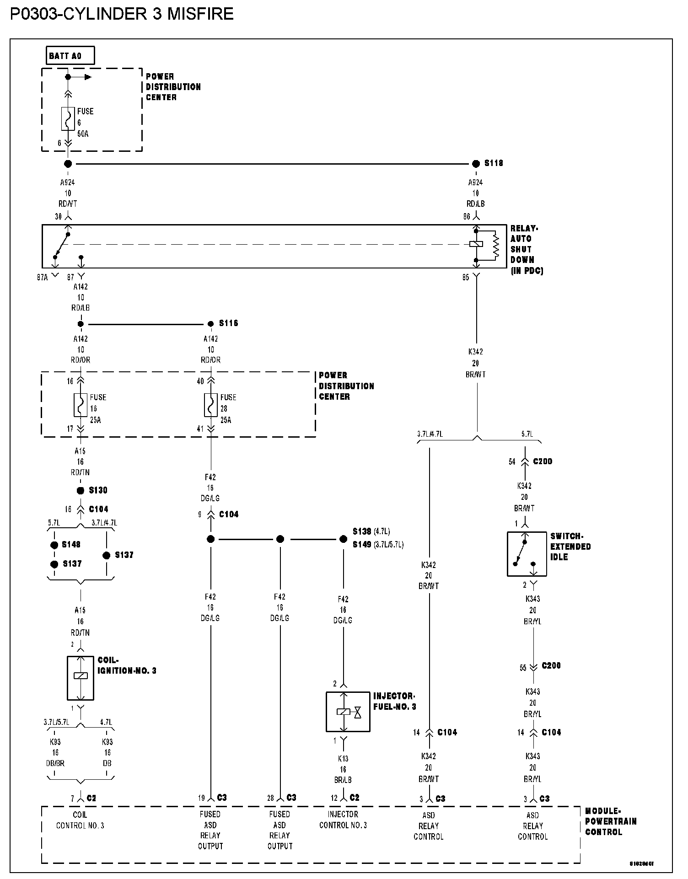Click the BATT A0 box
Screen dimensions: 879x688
(70, 56)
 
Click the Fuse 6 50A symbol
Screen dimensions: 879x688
(68, 119)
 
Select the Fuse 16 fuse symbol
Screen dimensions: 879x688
(81, 405)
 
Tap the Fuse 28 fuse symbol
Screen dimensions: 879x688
(211, 405)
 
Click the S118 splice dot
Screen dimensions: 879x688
(476, 163)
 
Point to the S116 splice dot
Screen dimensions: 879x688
(210, 324)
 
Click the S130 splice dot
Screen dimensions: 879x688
(81, 491)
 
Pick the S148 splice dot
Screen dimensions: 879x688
(54, 545)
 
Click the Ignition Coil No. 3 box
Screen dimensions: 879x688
(81, 678)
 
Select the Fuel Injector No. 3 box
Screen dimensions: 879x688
(348, 712)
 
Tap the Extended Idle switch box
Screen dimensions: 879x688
(527, 554)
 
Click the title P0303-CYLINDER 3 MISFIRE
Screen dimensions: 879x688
(122, 14)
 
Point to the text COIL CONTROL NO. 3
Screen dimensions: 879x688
(80, 820)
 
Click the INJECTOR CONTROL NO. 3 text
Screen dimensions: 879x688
(343, 820)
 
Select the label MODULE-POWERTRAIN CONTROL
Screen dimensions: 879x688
(610, 821)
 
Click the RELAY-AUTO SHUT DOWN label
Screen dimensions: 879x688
(526, 249)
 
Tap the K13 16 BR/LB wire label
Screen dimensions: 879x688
(343, 769)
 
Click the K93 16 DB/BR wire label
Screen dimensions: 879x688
(55, 753)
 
